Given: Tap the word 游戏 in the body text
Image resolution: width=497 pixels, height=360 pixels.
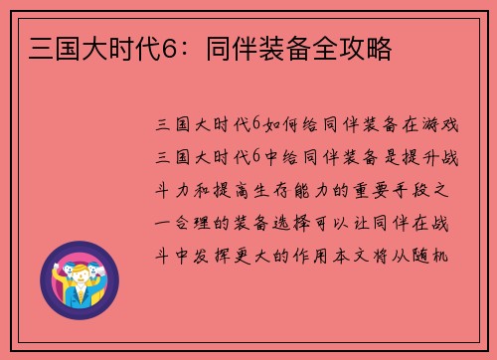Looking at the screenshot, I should click(x=443, y=124).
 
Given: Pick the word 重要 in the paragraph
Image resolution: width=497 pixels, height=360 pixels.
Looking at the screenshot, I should click(x=375, y=190).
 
